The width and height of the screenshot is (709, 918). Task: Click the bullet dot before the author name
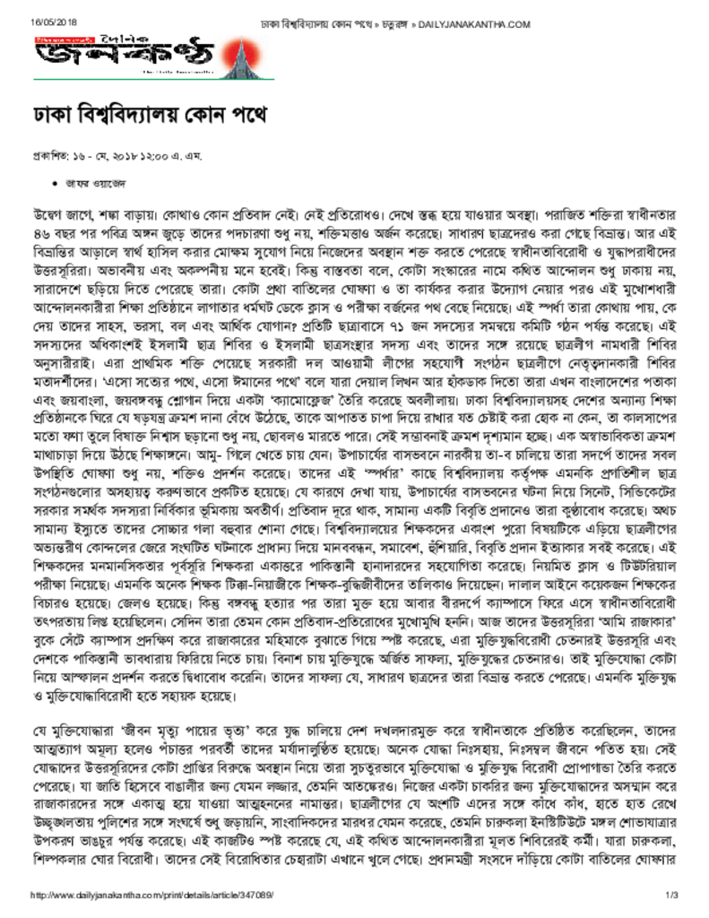click(x=45, y=182)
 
